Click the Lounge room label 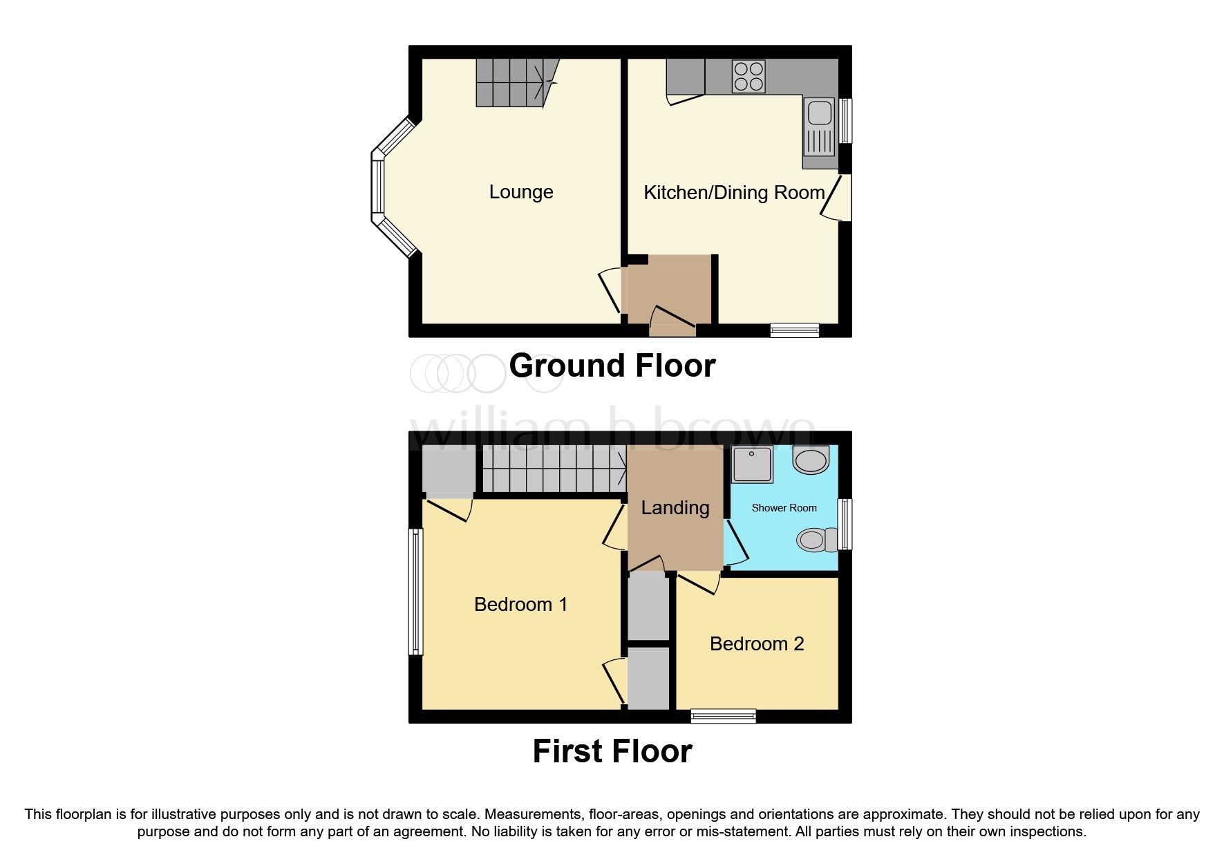pos(520,192)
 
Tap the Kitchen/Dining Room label pos(733,193)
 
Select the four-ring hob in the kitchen pos(748,77)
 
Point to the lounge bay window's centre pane pos(377,187)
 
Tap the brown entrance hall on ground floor pos(666,290)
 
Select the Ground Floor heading pos(612,366)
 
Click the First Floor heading pos(612,751)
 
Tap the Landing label pos(675,508)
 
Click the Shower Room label pos(784,508)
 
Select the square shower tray pos(752,464)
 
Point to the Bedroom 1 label pos(520,605)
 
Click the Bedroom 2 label pos(756,644)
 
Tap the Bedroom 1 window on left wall pos(415,592)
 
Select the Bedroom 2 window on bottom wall pos(723,716)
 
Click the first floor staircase pos(553,470)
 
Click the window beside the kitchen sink pos(845,121)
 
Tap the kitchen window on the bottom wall pos(794,330)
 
